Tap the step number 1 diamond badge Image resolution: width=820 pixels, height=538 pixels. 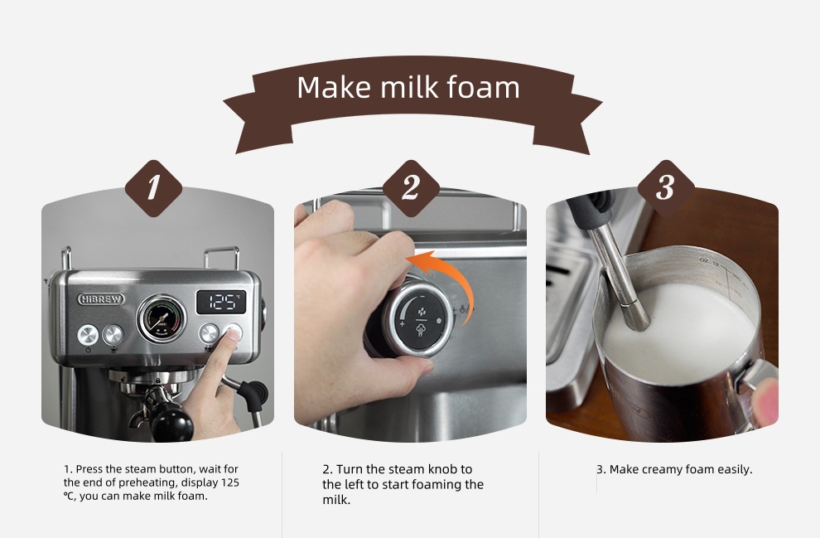pyautogui.click(x=153, y=188)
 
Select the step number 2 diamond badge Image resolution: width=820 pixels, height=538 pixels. pyautogui.click(x=411, y=188)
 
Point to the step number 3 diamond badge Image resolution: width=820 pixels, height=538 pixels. pyautogui.click(x=666, y=188)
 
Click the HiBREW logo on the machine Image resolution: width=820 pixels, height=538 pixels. pyautogui.click(x=101, y=298)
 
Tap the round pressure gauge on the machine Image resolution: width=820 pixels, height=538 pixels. pyautogui.click(x=161, y=318)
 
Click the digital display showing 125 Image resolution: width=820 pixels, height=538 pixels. pyautogui.click(x=221, y=302)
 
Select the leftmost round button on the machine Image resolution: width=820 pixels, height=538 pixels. pyautogui.click(x=88, y=335)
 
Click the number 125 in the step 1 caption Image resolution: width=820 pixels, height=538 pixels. pyautogui.click(x=230, y=482)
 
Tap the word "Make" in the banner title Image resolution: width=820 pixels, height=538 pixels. pyautogui.click(x=335, y=87)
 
